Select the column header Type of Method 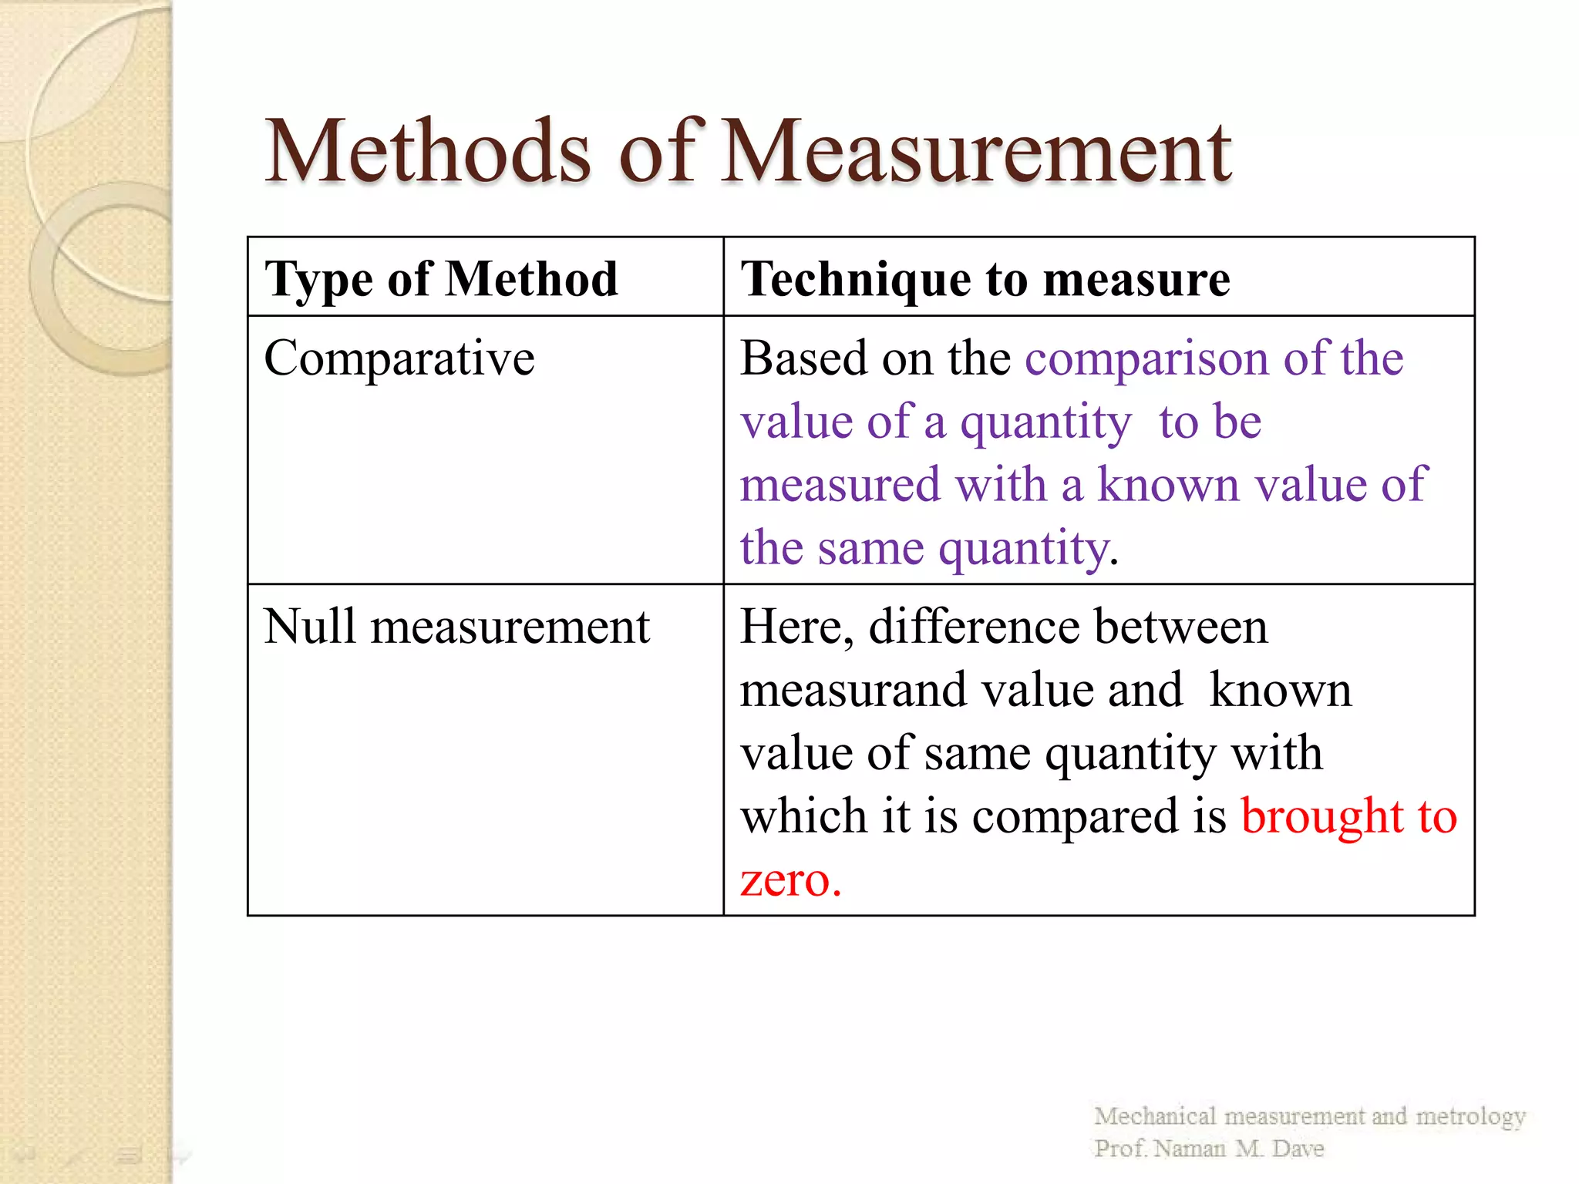pos(441,278)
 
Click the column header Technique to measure pos(985,278)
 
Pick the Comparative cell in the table pos(399,358)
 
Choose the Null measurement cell pos(456,626)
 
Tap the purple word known pos(1168,485)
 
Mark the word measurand pos(852,689)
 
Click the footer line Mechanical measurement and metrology pos(1309,1116)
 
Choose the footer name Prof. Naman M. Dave pos(1208,1149)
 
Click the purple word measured pos(840,485)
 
